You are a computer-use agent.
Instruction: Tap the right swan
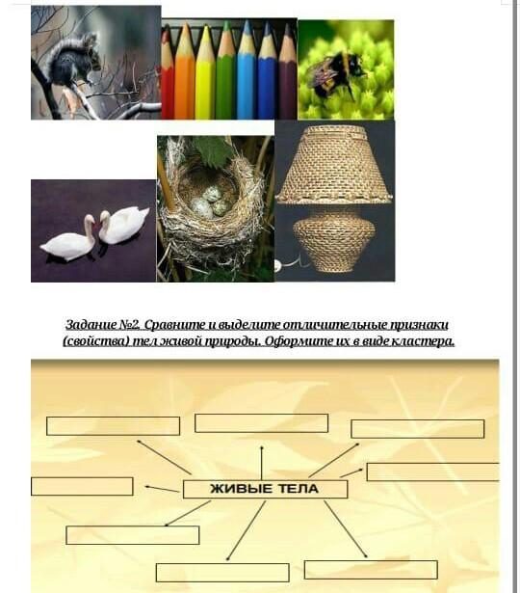122,225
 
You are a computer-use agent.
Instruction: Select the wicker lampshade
334,165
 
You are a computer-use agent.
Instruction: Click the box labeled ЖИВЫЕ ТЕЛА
265,490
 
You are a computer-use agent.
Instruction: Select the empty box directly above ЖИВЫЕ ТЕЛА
261,423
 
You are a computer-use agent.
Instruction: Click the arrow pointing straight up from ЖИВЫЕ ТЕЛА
261,463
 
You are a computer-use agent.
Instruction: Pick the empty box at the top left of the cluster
113,426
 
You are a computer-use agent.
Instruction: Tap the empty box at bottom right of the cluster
371,570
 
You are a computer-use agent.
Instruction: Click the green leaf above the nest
214,149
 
